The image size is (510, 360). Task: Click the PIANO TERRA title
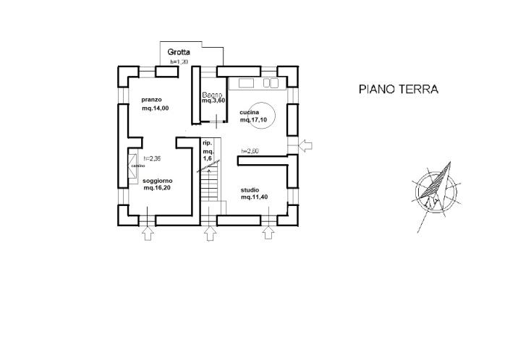399,90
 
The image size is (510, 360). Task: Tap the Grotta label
179,52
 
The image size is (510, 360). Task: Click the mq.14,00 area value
156,108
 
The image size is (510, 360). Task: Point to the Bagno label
211,95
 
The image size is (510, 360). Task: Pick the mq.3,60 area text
213,102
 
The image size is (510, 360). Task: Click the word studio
251,189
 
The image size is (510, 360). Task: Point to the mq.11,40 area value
255,197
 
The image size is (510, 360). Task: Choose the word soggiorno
156,180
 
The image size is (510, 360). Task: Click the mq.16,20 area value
158,188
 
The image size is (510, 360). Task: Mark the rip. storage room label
207,144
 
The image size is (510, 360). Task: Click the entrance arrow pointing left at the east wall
306,146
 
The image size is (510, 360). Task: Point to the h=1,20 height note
179,62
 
